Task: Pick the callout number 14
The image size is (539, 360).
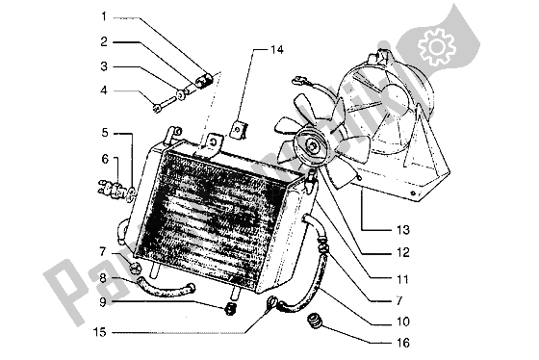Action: [x=276, y=48]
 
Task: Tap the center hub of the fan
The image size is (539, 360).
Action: [x=312, y=145]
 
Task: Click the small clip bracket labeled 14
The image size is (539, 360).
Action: [x=242, y=126]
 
